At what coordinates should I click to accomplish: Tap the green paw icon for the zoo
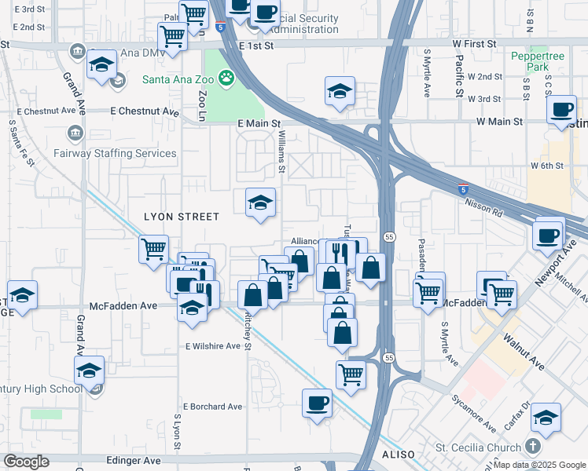click(226, 78)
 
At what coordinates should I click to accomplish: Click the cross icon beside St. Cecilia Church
click(532, 447)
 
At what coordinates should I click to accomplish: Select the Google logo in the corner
click(26, 461)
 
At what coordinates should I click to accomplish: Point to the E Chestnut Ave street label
click(145, 111)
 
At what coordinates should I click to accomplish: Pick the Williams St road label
click(281, 151)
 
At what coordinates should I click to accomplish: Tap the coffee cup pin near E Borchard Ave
click(317, 403)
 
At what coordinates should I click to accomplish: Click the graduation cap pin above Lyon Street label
click(261, 203)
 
